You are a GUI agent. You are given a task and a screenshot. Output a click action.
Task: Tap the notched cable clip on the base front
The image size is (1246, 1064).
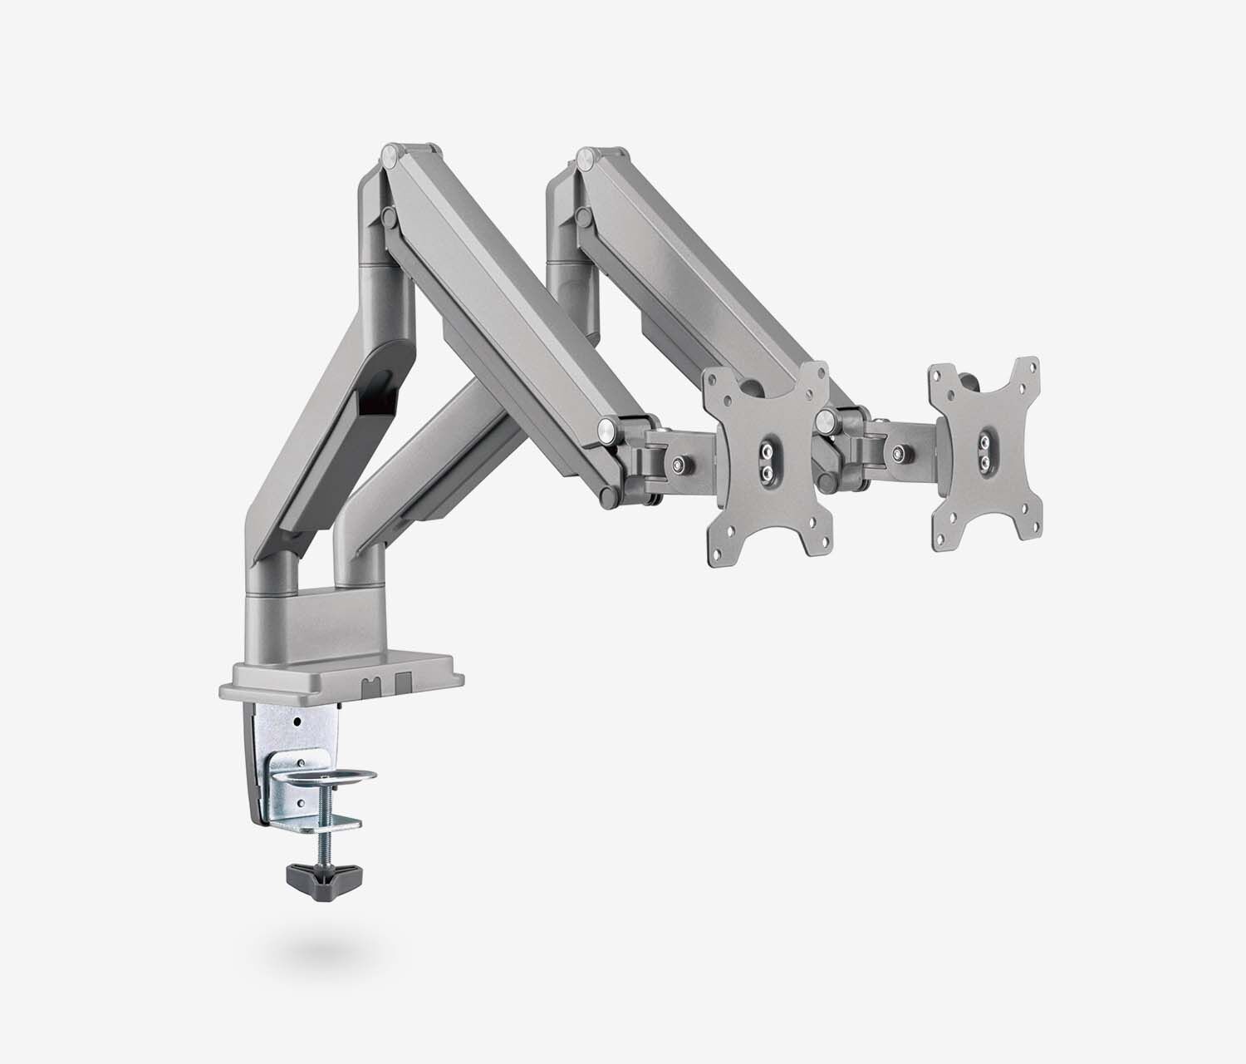[370, 685]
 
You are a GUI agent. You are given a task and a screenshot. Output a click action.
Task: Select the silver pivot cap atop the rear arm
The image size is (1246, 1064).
[586, 155]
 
